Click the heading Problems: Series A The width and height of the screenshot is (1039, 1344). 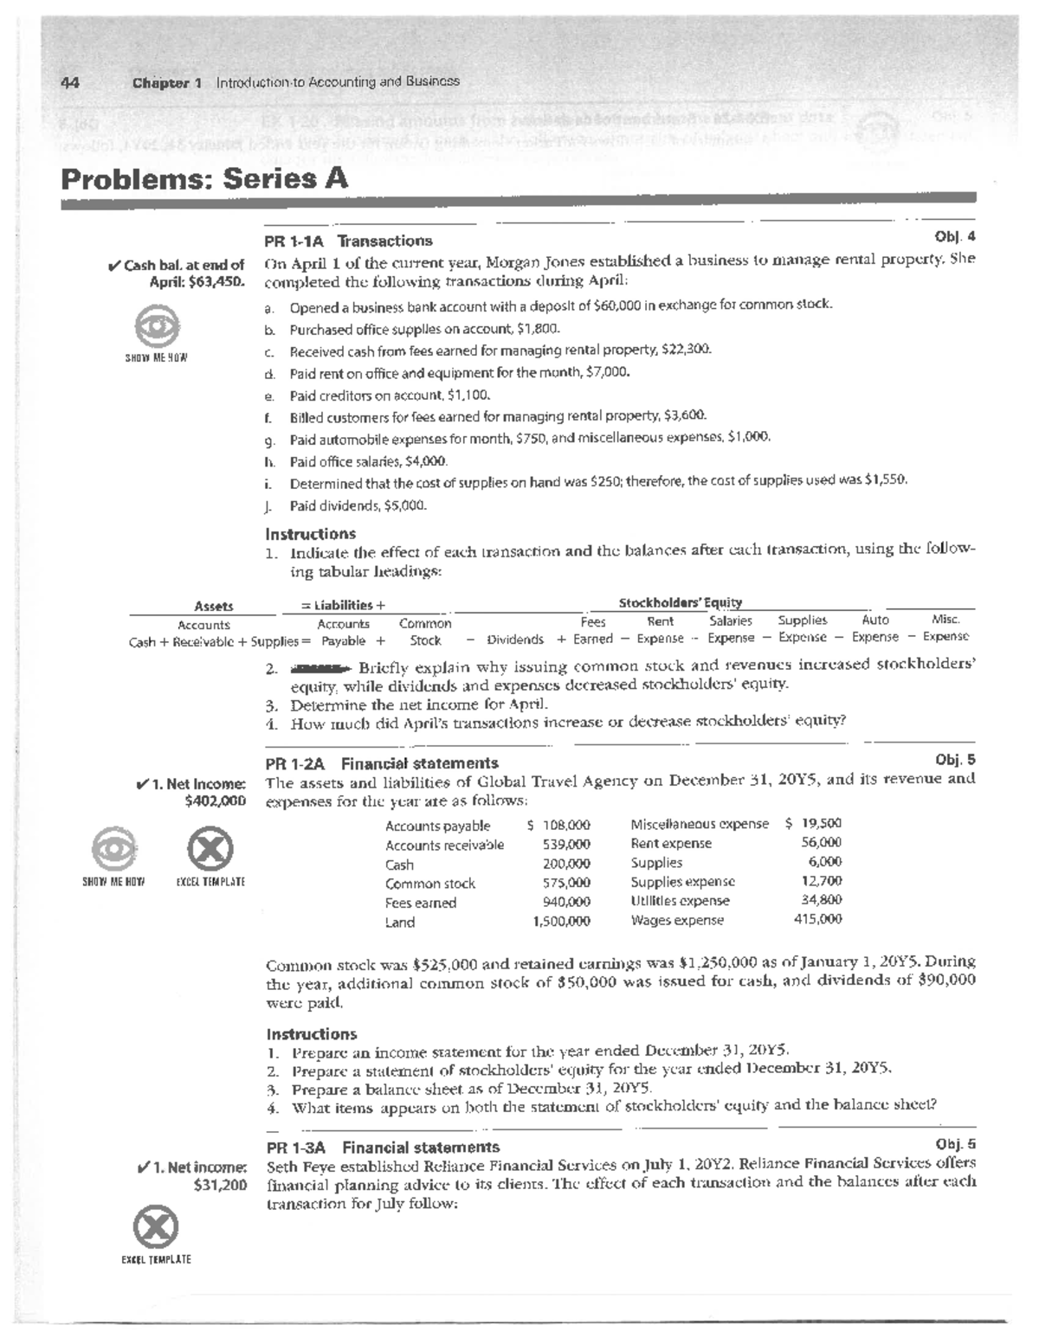(x=204, y=179)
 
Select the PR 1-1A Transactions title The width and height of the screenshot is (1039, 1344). (x=349, y=241)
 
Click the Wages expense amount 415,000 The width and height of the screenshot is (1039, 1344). (x=817, y=920)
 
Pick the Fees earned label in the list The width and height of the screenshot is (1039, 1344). (x=421, y=903)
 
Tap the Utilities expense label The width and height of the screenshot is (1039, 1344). (x=680, y=901)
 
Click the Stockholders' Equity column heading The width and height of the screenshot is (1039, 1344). (x=680, y=602)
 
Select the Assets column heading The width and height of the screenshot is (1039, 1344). (x=214, y=607)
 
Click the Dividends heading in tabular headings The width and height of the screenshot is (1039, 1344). (x=515, y=640)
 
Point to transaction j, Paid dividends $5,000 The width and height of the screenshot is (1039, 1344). (x=358, y=505)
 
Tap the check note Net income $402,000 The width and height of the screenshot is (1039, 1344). (x=192, y=793)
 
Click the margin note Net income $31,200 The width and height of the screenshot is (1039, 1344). (x=192, y=1176)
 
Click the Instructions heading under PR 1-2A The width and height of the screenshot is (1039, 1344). (x=311, y=1034)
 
